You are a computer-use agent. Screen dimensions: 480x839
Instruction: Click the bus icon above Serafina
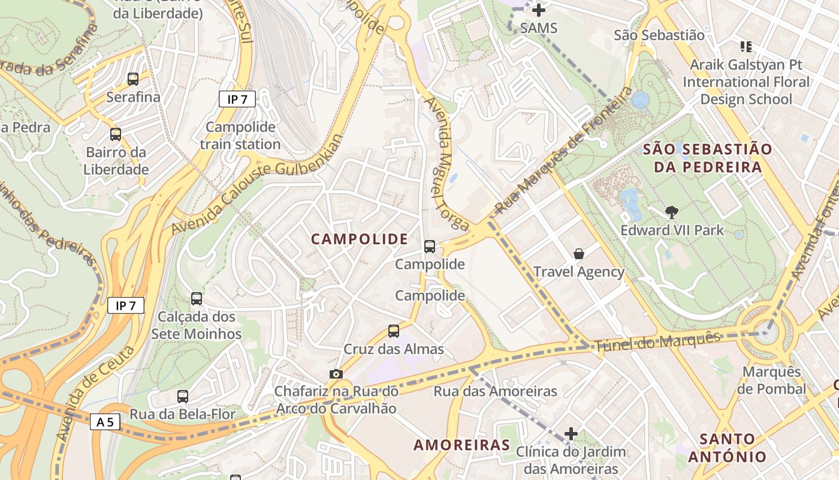click(133, 79)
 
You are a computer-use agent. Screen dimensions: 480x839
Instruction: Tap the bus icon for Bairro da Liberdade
click(116, 134)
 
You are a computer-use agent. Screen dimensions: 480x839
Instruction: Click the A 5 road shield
click(105, 422)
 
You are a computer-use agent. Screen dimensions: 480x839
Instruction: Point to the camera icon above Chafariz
click(336, 374)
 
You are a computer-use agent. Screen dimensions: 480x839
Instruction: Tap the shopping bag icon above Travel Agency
click(579, 254)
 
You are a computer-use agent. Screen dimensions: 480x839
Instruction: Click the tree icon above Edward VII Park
click(672, 212)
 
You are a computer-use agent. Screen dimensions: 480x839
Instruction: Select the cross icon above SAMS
click(539, 10)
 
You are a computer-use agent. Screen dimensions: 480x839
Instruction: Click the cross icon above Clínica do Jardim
click(571, 433)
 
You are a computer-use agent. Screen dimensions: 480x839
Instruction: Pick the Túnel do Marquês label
click(657, 342)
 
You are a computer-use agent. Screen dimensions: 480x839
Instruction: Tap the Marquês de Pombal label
click(771, 380)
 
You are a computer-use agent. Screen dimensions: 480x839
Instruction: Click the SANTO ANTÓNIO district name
click(727, 448)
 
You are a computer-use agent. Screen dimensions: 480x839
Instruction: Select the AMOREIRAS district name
click(461, 445)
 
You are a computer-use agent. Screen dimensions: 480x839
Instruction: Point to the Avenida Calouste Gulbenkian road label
click(259, 184)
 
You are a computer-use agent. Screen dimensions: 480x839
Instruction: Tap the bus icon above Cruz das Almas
click(394, 331)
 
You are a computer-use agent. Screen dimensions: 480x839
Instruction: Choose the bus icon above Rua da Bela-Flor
click(183, 396)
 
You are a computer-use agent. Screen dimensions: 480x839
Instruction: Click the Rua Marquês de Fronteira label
click(565, 151)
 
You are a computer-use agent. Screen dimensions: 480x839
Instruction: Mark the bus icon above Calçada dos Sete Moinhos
click(196, 298)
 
